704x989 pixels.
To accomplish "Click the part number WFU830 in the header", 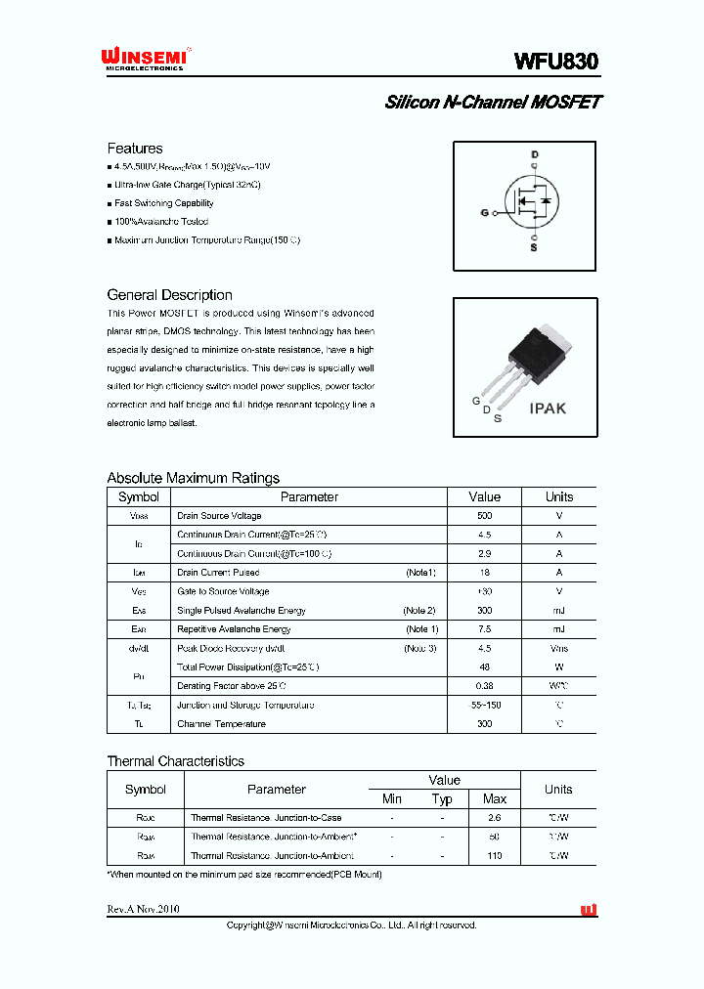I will [x=555, y=61].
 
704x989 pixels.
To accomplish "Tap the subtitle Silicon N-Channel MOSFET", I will [x=493, y=103].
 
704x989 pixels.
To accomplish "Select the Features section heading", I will [x=135, y=149].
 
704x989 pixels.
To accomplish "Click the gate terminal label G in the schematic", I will [x=484, y=211].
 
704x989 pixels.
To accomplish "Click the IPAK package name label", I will [x=548, y=408].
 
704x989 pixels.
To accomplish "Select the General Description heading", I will [x=169, y=295].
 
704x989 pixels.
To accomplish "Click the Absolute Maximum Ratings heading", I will [x=193, y=478].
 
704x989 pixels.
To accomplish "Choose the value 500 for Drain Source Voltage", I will [x=484, y=516].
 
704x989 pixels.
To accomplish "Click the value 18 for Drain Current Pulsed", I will [x=484, y=573].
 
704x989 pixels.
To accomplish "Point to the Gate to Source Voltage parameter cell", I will [x=222, y=591].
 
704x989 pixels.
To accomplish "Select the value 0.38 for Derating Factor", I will [x=484, y=686].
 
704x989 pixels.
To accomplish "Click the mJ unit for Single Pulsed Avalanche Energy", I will [x=558, y=611].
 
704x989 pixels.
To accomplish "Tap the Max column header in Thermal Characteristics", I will [x=495, y=798].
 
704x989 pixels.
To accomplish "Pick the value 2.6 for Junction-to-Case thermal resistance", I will [x=495, y=818].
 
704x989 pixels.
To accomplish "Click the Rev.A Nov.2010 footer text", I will [x=143, y=909].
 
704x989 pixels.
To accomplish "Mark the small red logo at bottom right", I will [x=589, y=910].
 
